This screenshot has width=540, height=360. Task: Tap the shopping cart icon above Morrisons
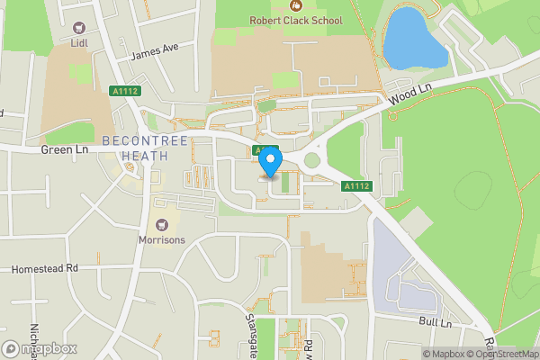[162, 224]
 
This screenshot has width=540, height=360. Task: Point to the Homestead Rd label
[45, 268]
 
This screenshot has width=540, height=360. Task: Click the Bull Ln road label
[434, 321]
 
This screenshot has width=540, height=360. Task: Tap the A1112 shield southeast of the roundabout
[356, 186]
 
